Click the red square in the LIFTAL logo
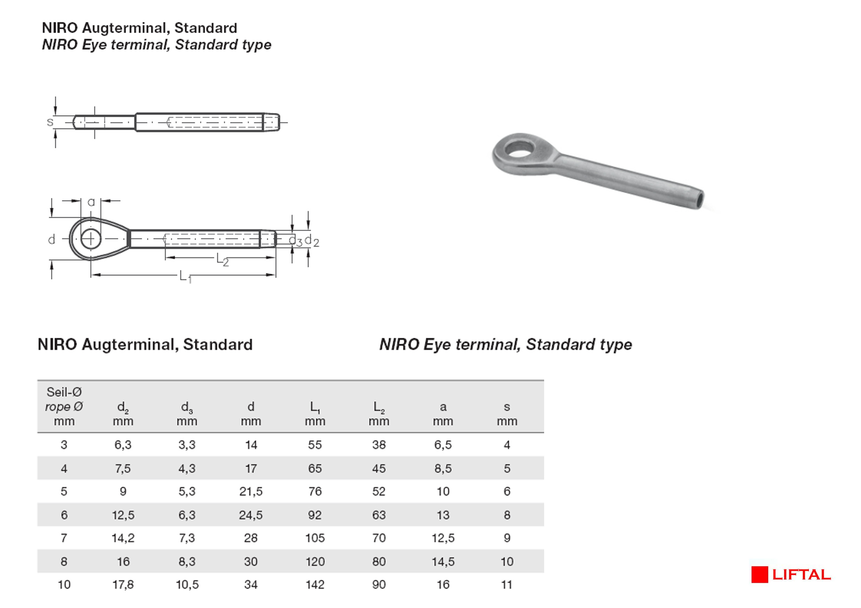(x=760, y=575)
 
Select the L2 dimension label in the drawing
(x=222, y=259)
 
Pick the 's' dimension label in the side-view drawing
(x=50, y=122)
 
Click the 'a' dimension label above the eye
(x=91, y=202)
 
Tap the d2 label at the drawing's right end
(x=312, y=241)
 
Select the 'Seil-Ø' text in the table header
(x=64, y=392)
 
